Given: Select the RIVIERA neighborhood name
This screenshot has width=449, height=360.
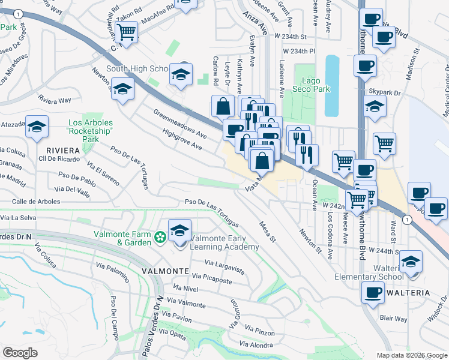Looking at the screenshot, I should coord(62,149).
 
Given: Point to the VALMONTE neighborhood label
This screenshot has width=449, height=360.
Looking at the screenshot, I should coord(165,271).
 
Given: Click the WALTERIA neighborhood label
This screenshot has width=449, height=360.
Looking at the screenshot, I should coord(425,292).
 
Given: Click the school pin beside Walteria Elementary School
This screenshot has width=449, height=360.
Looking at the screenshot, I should coord(411,262).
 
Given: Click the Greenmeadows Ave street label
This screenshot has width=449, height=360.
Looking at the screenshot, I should coord(179,124).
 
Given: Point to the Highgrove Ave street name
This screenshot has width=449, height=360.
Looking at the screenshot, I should coord(181,140).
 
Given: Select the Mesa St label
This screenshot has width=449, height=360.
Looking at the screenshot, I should coord(267,231).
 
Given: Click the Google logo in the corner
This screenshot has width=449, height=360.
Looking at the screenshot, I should coord(20,352).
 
